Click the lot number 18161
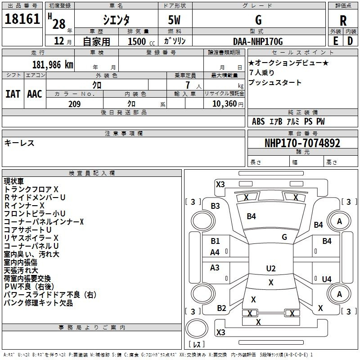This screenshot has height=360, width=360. click(x=22, y=19)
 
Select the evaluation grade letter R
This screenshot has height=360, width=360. click(x=343, y=21)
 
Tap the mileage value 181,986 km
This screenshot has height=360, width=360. click(x=53, y=65)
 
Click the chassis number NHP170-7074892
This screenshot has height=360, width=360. click(x=302, y=143)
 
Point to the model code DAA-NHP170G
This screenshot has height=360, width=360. click(x=258, y=41)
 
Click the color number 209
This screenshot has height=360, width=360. click(x=75, y=104)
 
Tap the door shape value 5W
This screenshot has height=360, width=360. click(x=174, y=20)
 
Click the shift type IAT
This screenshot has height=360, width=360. click(x=13, y=94)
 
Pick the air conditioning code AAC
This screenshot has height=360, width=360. click(x=35, y=94)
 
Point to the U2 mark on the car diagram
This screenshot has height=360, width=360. click(x=271, y=268)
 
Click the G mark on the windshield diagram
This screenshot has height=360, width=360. click(x=284, y=237)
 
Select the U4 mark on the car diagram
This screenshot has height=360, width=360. click(x=327, y=279)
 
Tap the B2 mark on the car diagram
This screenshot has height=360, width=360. click(x=221, y=308)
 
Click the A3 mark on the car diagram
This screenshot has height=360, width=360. click(x=215, y=267)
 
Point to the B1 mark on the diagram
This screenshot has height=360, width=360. click(x=215, y=241)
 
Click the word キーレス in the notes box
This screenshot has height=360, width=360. click(x=19, y=143)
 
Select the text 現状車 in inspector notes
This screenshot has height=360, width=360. click(x=13, y=181)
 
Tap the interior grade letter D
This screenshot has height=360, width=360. click(x=350, y=41)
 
